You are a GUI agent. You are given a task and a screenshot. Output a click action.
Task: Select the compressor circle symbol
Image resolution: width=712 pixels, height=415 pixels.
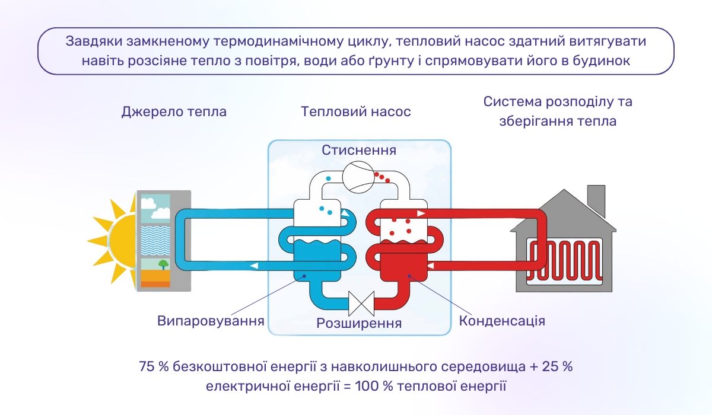[358, 177]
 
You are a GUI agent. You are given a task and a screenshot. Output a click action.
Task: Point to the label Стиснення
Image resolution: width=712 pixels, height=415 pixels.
[358, 150]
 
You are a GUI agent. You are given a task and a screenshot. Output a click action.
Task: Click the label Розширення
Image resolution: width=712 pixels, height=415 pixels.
[358, 323]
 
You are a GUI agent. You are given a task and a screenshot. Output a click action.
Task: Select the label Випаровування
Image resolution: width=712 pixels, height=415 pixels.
[211, 321]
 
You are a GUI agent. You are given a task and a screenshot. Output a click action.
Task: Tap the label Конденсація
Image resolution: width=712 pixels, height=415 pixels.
[502, 321]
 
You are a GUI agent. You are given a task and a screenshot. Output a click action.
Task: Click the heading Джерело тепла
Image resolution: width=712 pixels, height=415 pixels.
[174, 111]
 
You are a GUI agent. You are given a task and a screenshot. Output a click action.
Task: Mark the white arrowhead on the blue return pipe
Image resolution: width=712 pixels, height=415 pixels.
[254, 266]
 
